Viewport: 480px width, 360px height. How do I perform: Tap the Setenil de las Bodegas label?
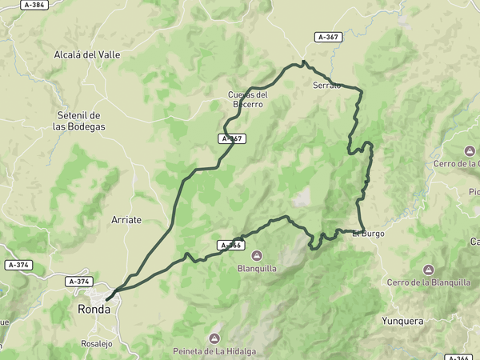79,121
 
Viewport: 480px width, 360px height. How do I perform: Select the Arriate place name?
126,219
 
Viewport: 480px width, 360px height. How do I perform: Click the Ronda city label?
94,309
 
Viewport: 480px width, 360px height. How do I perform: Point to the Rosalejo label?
96,344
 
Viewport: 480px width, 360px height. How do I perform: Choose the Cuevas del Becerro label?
248,99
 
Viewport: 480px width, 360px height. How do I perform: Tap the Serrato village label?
327,85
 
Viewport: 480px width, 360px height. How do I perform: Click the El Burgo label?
368,234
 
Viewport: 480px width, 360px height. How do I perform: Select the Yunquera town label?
402,321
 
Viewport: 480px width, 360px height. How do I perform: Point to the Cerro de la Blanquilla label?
428,282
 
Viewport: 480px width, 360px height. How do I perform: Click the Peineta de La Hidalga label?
214,351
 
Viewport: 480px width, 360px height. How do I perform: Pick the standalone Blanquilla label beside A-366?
257,269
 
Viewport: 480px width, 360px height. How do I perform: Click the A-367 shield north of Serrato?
329,37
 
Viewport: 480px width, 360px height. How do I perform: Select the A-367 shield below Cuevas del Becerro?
232,138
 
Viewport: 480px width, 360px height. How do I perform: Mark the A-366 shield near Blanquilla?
230,245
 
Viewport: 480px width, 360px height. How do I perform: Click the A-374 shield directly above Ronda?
79,282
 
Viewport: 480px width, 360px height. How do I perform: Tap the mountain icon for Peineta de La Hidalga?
214,338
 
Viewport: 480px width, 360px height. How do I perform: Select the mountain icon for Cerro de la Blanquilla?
428,269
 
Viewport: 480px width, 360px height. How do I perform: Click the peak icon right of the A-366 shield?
257,256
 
